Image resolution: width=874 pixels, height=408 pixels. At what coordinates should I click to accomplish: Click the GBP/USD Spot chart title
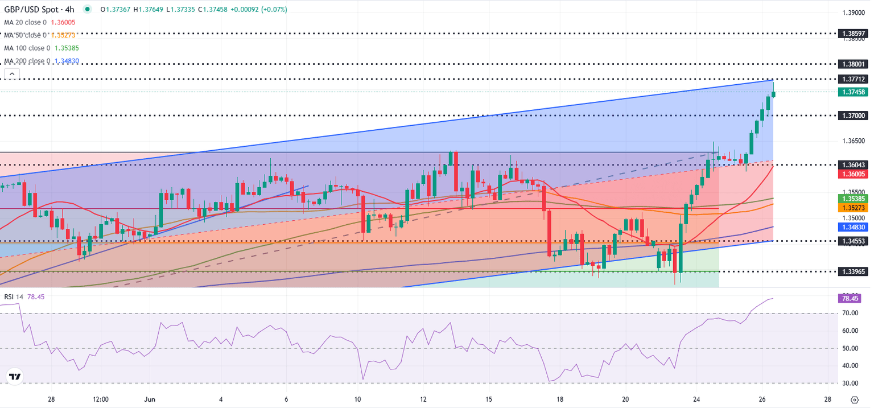point(39,10)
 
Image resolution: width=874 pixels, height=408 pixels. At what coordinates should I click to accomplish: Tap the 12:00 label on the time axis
point(101,399)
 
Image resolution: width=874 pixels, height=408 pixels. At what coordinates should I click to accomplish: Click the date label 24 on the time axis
point(696,399)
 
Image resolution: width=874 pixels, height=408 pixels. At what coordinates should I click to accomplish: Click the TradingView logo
point(14,377)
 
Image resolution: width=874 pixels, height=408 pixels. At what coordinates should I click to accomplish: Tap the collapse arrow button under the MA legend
point(11,73)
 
